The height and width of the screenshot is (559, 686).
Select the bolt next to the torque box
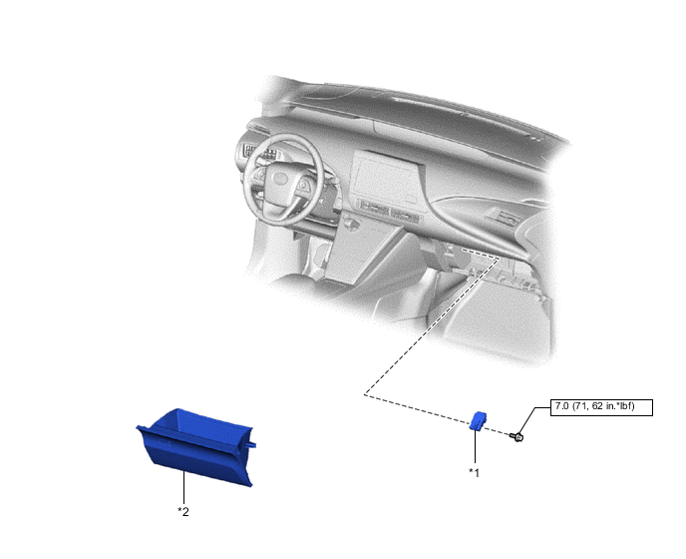pos(518,436)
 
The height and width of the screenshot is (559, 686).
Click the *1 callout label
pos(475,472)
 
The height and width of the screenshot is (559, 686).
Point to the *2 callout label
pos(183,511)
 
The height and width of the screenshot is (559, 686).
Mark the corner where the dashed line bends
pos(364,395)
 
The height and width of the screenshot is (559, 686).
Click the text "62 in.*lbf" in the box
pos(614,407)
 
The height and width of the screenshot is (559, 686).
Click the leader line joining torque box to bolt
pos(535,421)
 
